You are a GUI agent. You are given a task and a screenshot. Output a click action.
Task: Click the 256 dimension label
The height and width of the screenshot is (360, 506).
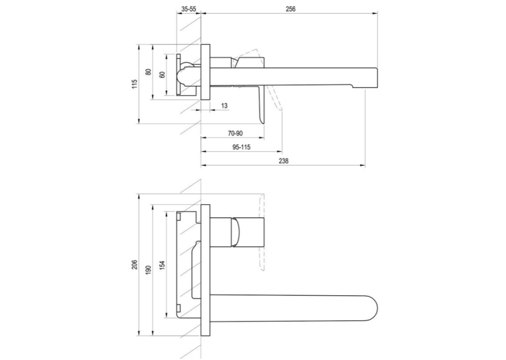click(291, 9)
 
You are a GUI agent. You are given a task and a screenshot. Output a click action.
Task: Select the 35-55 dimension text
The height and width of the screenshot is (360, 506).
click(188, 9)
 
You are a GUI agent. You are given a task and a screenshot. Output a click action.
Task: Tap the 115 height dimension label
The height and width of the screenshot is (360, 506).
click(135, 84)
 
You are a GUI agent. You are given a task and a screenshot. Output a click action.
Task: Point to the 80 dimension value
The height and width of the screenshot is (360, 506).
click(149, 72)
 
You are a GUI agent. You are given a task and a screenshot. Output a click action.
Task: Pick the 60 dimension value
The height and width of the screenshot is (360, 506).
click(163, 75)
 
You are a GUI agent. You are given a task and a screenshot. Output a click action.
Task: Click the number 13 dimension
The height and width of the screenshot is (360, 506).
click(225, 106)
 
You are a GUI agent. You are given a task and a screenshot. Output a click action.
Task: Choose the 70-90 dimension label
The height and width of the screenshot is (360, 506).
click(235, 133)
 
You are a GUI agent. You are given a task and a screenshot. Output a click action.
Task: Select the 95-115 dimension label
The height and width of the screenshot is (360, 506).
click(241, 147)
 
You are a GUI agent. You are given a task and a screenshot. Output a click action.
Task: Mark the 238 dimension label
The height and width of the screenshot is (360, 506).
click(283, 161)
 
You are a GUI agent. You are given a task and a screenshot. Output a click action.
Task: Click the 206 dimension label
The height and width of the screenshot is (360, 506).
click(135, 264)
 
